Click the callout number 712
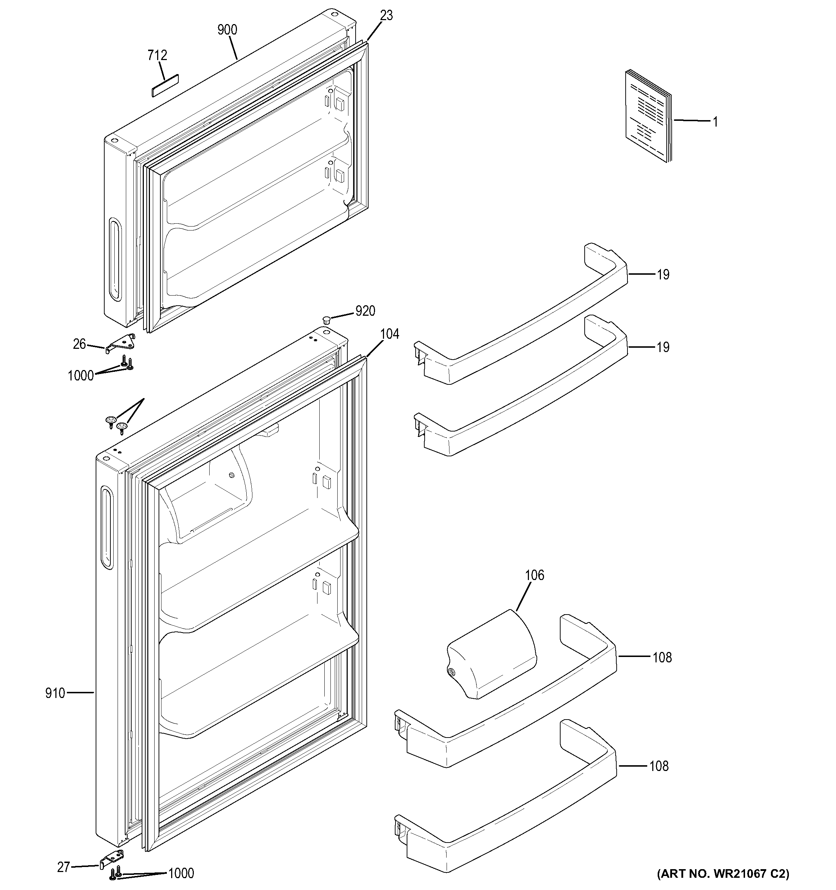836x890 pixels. pyautogui.click(x=157, y=55)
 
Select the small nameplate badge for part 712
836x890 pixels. pyautogui.click(x=165, y=85)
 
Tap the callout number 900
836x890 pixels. pyautogui.click(x=227, y=30)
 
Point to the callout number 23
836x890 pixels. pyautogui.click(x=386, y=16)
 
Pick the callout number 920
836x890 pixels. pyautogui.click(x=365, y=311)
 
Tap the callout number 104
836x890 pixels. pyautogui.click(x=389, y=334)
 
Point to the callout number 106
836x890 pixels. pyautogui.click(x=534, y=575)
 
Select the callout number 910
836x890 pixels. pyautogui.click(x=55, y=693)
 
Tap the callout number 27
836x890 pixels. pyautogui.click(x=64, y=867)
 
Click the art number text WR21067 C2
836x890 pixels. pyautogui.click(x=723, y=873)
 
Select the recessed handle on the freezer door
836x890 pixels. pyautogui.click(x=115, y=259)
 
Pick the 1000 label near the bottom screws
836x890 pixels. pyautogui.click(x=181, y=873)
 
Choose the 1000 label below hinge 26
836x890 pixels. pyautogui.click(x=81, y=376)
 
